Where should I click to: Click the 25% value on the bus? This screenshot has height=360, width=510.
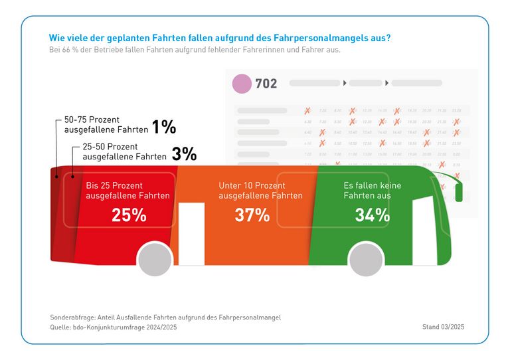[129, 215]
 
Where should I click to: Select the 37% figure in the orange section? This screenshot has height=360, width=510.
[252, 215]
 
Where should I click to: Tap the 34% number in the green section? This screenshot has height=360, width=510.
[373, 215]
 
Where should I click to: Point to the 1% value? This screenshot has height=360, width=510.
[164, 127]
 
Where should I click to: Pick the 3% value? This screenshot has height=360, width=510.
[184, 154]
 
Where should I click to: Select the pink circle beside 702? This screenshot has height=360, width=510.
[242, 84]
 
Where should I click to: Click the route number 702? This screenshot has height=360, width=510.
[266, 84]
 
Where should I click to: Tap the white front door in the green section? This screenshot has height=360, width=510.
[425, 229]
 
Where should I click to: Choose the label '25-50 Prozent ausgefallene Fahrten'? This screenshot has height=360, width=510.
[124, 153]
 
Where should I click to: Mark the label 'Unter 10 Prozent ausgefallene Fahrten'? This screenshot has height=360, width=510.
[260, 191]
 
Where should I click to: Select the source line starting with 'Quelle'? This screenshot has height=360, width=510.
[114, 327]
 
